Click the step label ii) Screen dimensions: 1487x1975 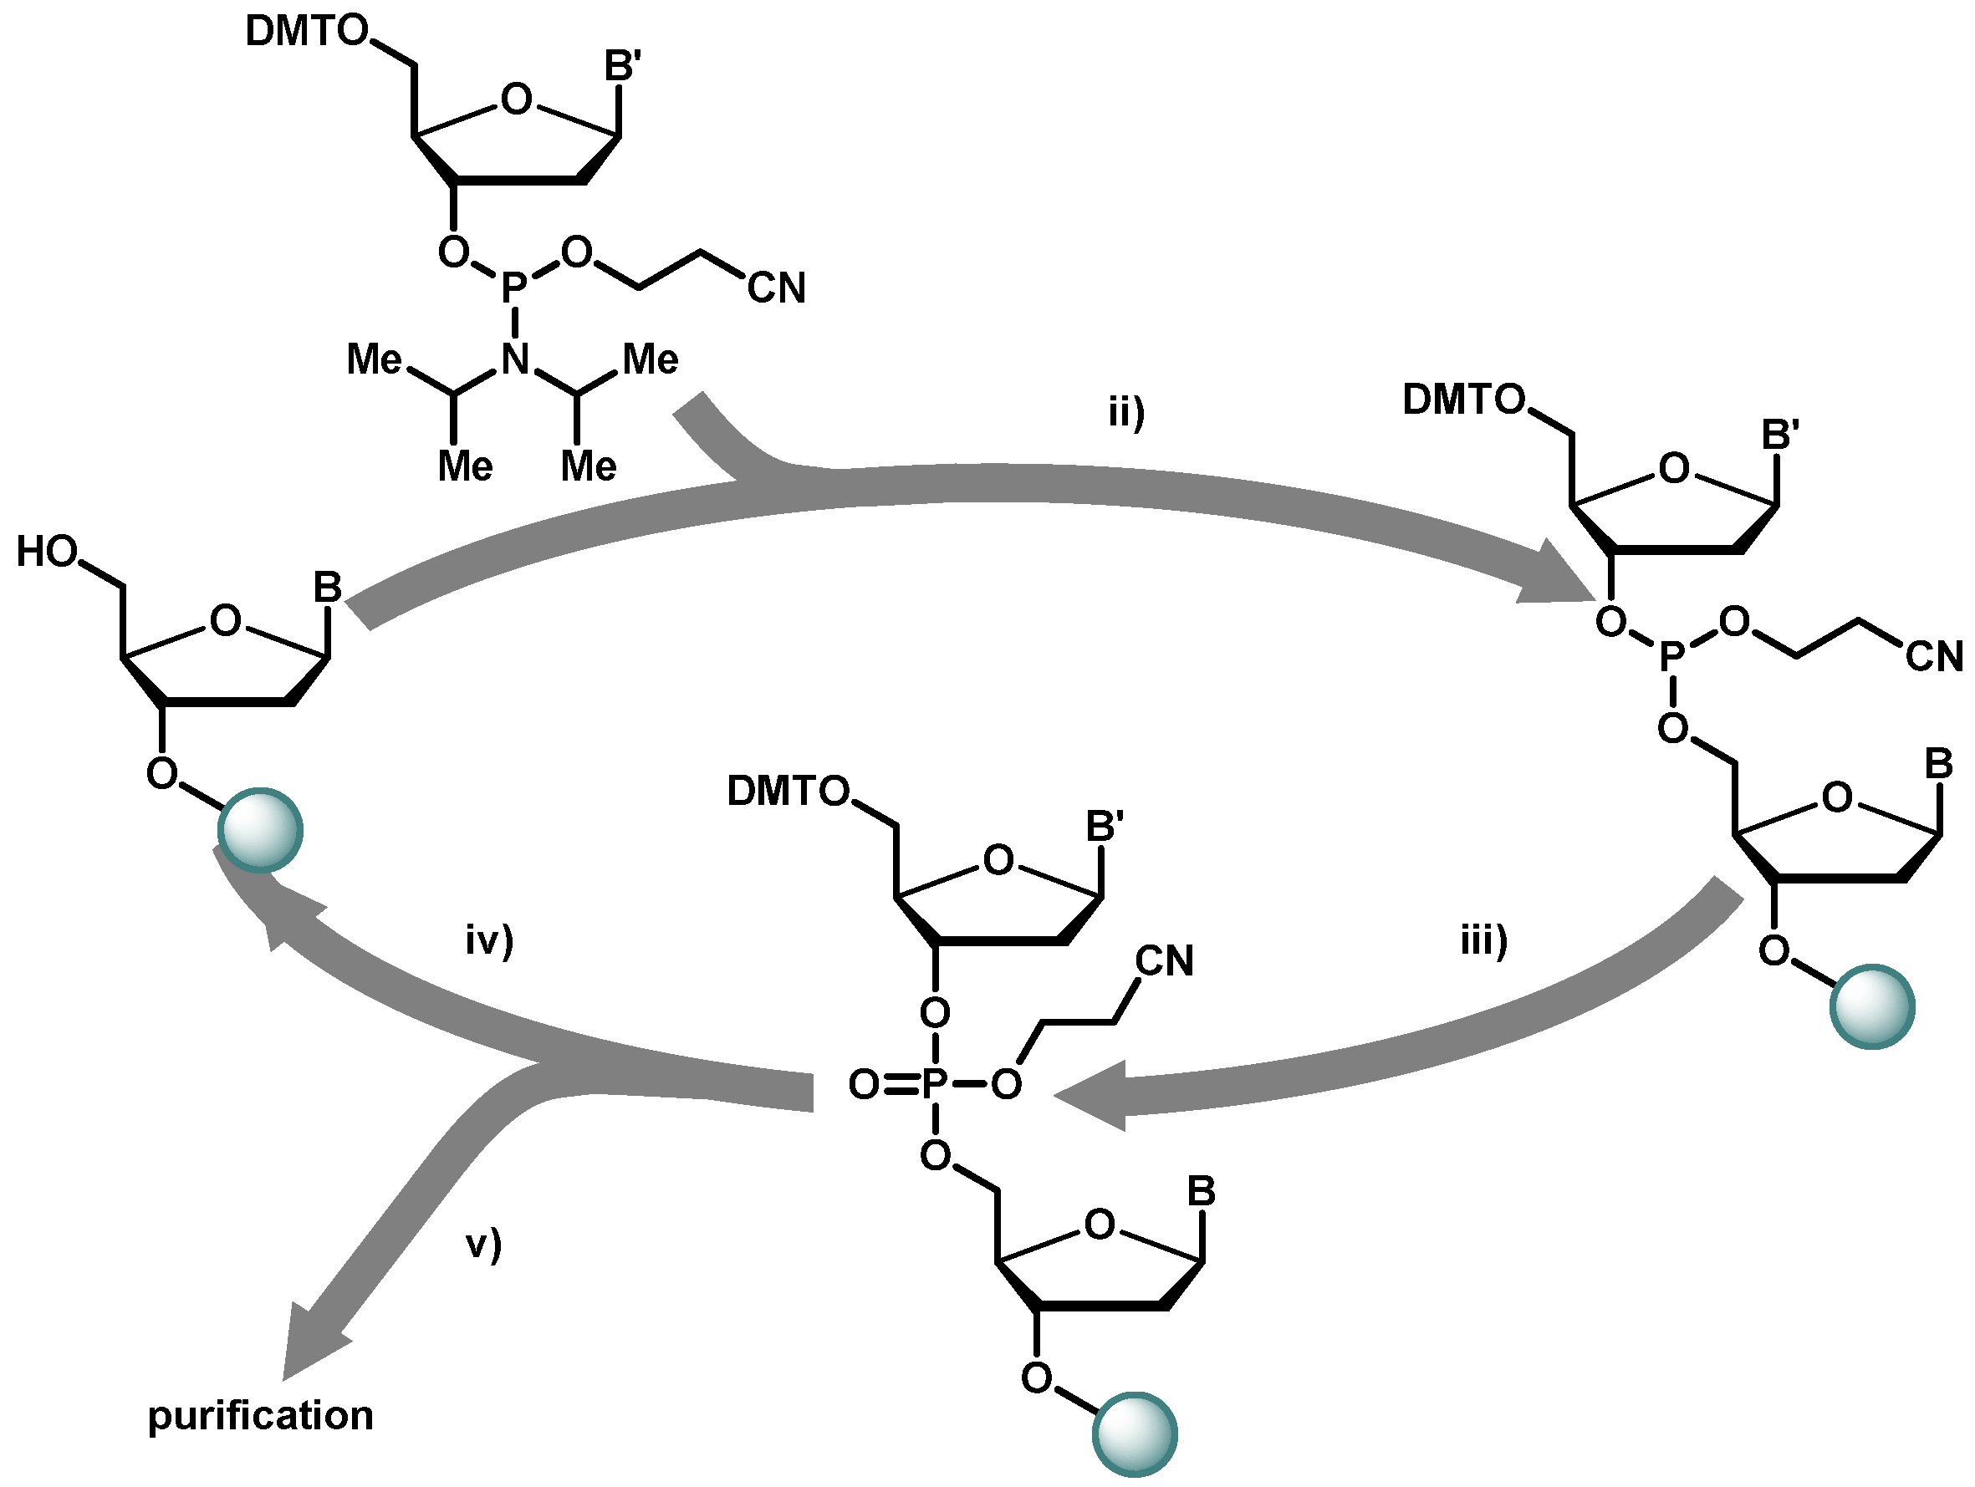[1126, 414]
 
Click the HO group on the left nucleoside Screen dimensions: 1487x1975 [47, 553]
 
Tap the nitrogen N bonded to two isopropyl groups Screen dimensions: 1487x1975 [515, 359]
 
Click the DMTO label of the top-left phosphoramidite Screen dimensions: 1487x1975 [306, 32]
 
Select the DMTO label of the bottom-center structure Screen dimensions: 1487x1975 [788, 792]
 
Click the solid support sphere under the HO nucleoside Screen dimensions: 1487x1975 [260, 830]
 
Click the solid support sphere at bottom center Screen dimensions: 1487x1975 [1134, 1434]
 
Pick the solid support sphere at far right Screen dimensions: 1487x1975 [1871, 1007]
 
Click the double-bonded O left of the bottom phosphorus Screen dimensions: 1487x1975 [864, 1085]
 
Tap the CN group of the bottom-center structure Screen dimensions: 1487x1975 [1164, 962]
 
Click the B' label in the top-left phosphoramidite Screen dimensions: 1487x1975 [622, 66]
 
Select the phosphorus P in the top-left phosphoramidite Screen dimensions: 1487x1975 [513, 288]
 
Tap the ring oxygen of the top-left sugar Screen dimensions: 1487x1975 [516, 99]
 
